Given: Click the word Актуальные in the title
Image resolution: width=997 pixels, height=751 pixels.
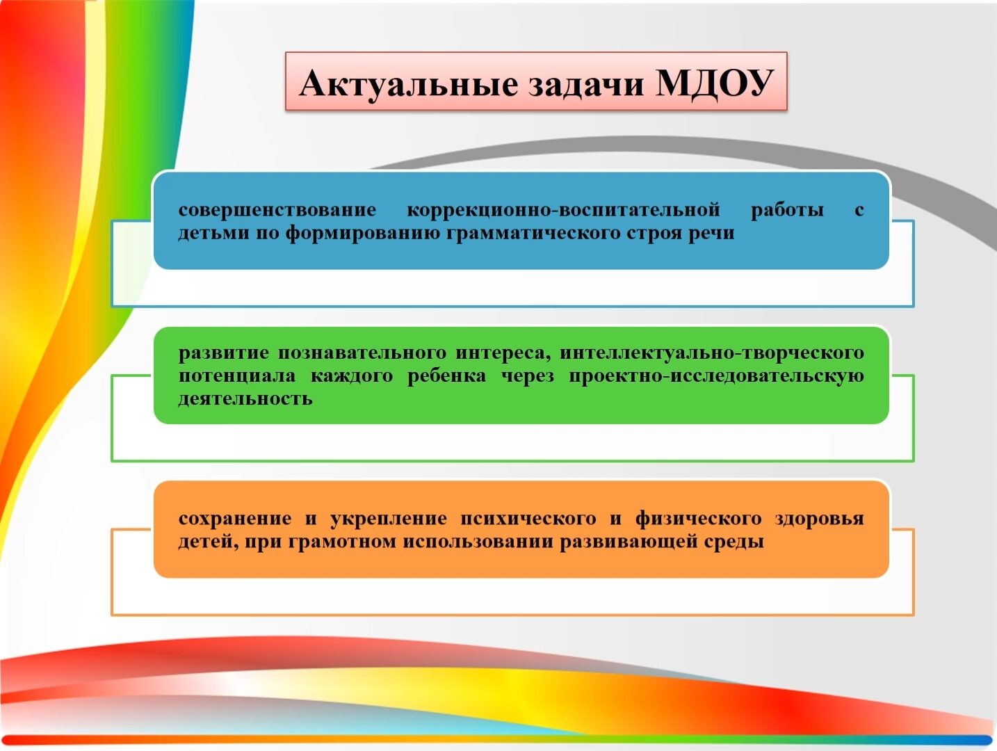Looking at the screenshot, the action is [x=408, y=83].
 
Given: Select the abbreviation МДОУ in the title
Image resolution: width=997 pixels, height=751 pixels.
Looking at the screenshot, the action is [x=714, y=83].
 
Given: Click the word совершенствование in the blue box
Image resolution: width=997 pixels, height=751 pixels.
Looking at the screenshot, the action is [x=277, y=210].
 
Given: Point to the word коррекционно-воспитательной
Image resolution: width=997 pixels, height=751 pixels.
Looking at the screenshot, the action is [x=564, y=210].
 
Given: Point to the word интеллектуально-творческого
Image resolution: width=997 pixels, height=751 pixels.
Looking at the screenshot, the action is [x=712, y=353].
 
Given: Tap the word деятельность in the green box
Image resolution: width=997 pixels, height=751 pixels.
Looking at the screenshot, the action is [x=245, y=399].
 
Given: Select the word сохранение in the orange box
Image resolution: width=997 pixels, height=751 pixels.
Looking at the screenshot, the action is [x=235, y=519].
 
